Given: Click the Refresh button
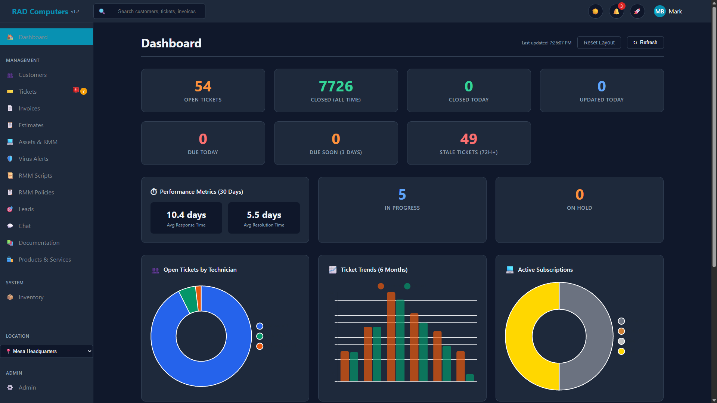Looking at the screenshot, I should (645, 43).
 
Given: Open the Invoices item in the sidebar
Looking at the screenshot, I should (29, 109).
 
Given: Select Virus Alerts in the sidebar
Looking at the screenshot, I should (33, 159).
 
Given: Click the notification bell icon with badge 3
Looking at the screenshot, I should (616, 12).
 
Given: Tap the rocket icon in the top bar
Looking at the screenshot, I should (637, 12).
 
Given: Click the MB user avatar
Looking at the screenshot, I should (659, 12).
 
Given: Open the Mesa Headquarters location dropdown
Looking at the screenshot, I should (46, 352).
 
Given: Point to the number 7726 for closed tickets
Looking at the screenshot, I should (335, 87).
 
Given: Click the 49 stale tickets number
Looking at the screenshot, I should (468, 139).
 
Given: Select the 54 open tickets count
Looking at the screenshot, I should (203, 87).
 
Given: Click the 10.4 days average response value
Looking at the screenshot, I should (186, 215).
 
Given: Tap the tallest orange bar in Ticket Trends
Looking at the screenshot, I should (391, 336).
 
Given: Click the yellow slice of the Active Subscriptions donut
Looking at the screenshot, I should (519, 336).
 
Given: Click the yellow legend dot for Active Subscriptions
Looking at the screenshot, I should (621, 352).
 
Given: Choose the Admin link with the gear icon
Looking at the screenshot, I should (27, 388).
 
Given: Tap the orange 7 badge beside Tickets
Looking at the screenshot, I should (84, 91).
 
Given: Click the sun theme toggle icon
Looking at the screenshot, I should (595, 12).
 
